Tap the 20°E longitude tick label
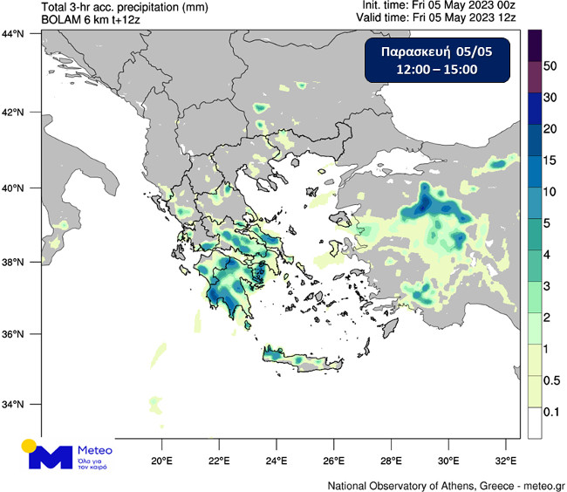pyautogui.click(x=161, y=460)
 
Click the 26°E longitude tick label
pyautogui.click(x=333, y=460)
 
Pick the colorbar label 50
pyautogui.click(x=550, y=66)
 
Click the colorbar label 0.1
pyautogui.click(x=550, y=409)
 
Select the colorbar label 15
pyautogui.click(x=550, y=161)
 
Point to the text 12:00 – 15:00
pyautogui.click(x=436, y=70)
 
